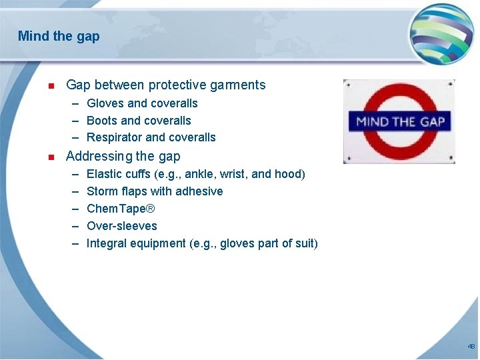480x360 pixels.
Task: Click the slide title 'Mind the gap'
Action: [x=59, y=36]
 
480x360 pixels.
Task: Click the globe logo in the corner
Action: [x=441, y=33]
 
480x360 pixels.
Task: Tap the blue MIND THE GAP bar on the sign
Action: [x=400, y=121]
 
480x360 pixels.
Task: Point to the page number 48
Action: [x=471, y=347]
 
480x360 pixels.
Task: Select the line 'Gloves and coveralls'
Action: [x=142, y=103]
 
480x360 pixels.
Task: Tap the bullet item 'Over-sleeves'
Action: [x=122, y=226]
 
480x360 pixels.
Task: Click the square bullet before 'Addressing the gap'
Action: [x=51, y=157]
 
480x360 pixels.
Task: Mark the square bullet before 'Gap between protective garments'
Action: [x=51, y=86]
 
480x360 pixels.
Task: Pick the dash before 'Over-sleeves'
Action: [x=75, y=226]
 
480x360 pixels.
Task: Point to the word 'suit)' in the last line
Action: [x=306, y=243]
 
